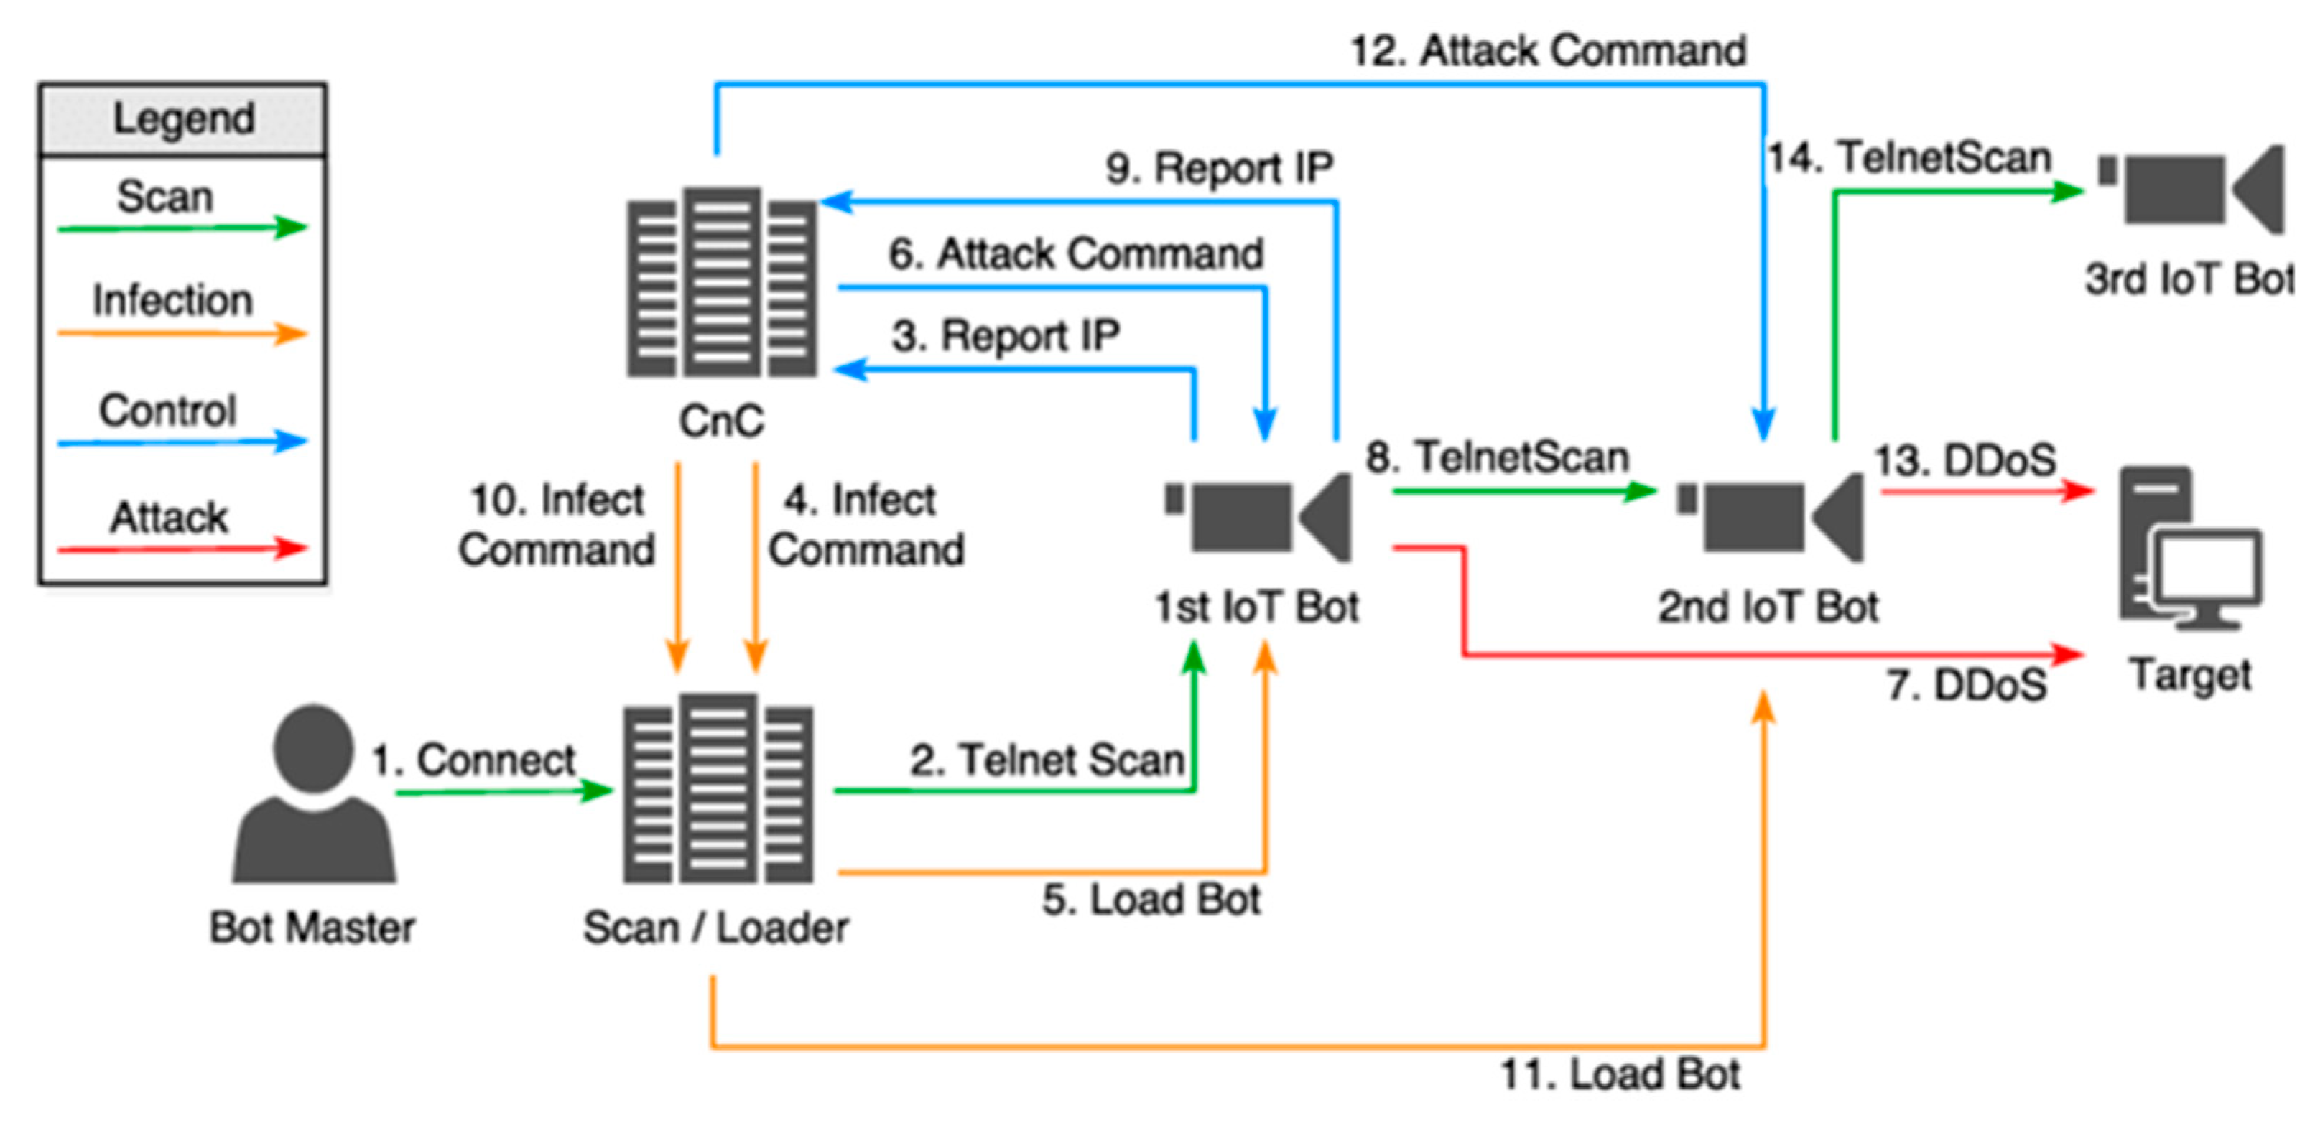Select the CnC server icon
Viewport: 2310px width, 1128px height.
722,281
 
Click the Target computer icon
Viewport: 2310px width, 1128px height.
2188,547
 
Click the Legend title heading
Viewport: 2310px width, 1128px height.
183,118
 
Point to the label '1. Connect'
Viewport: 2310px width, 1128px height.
473,760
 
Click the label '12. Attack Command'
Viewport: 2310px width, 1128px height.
1548,50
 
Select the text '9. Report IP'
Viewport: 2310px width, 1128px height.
1219,168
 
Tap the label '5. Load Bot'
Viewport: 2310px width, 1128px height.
1151,900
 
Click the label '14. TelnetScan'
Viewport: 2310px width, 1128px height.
1909,158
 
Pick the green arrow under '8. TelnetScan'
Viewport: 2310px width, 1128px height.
1523,491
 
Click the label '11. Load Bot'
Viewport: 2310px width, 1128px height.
1620,1074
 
